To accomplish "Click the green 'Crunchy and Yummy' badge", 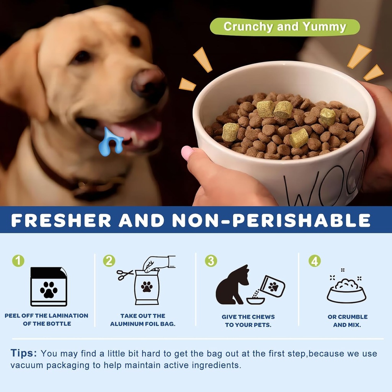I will point(285,27).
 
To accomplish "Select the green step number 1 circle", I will point(18,261).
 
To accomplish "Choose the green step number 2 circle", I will point(109,261).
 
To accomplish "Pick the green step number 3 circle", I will point(211,261).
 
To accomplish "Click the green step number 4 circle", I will point(314,261).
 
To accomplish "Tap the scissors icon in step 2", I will point(125,274).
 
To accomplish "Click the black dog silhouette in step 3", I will point(231,286).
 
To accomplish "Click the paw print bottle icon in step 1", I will point(49,287).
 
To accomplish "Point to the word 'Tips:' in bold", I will point(24,353).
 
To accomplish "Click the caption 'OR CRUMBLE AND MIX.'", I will point(347,321).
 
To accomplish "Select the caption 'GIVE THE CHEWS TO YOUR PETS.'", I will point(248,321).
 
